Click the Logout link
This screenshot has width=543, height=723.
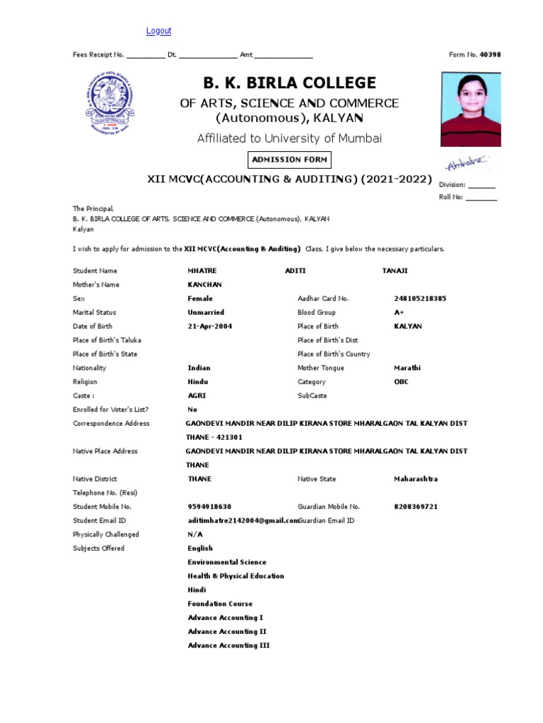[x=158, y=31]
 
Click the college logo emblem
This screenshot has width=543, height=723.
[x=110, y=103]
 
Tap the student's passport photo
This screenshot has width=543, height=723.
[x=470, y=109]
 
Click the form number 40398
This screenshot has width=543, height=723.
[x=490, y=54]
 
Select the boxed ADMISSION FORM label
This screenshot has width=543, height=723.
[x=287, y=160]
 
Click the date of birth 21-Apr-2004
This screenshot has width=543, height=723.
[x=209, y=326]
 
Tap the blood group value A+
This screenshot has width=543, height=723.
[x=399, y=312]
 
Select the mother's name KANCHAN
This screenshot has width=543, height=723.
[x=204, y=285]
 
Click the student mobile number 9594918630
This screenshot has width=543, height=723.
[x=209, y=506]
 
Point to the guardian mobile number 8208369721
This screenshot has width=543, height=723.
[x=416, y=506]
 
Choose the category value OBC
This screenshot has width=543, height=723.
[x=401, y=382]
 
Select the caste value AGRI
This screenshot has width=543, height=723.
[x=197, y=396]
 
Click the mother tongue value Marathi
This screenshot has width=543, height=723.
[x=407, y=368]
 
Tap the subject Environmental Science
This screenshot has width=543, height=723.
[x=227, y=562]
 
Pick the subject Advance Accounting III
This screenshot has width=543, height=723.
[x=228, y=645]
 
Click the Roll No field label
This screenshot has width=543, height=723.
[x=450, y=198]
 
